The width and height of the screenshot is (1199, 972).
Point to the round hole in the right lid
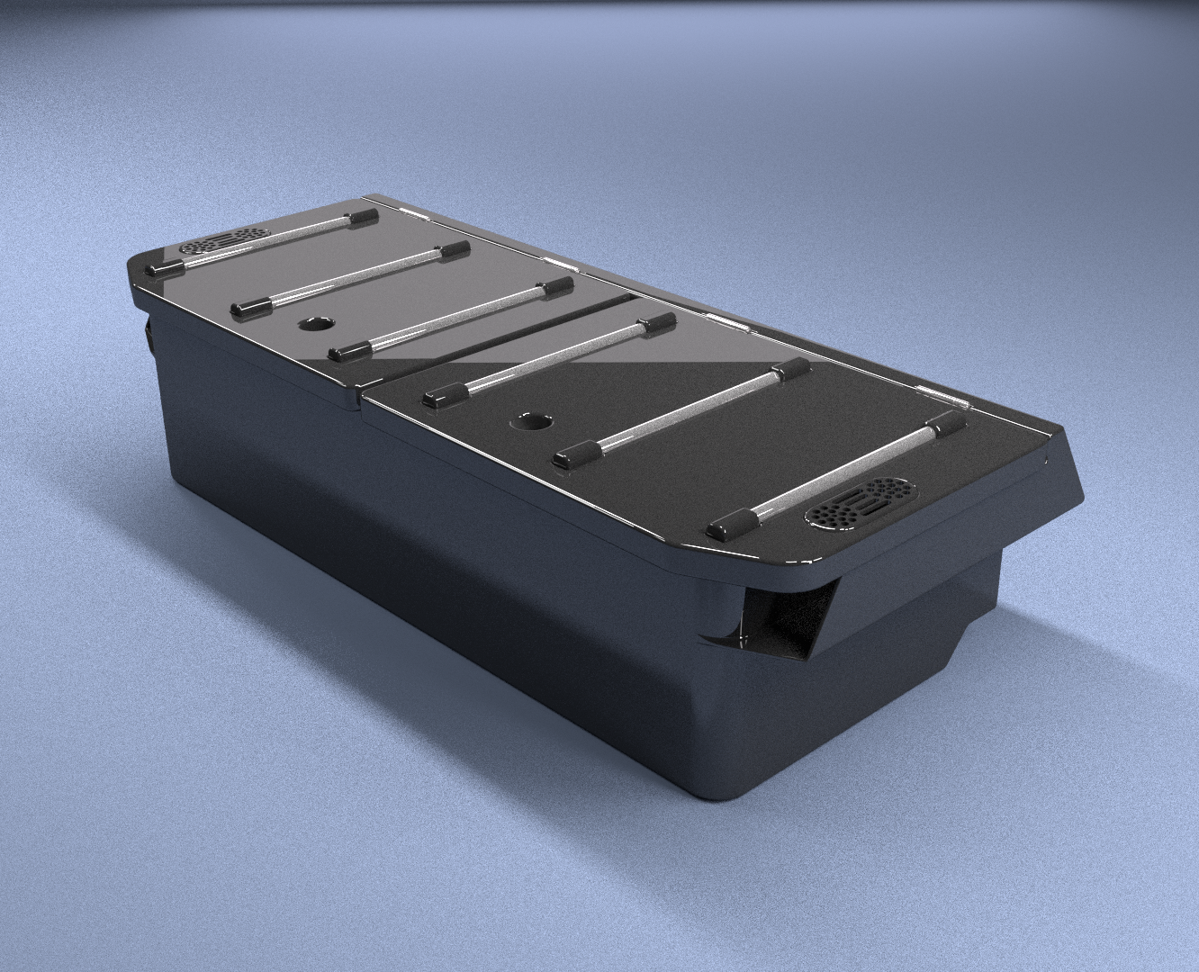(x=535, y=420)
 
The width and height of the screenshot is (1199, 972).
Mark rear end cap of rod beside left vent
(x=363, y=216)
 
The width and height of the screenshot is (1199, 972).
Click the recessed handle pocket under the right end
(x=788, y=621)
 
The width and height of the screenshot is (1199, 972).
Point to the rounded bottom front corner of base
(x=720, y=792)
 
